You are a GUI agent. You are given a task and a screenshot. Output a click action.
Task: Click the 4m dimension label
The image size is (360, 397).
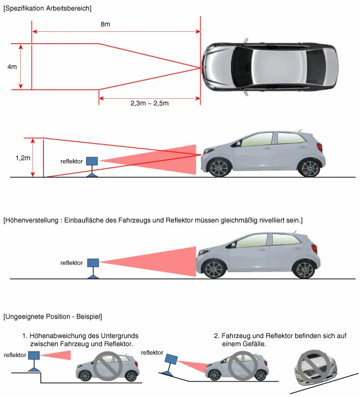tap(12, 67)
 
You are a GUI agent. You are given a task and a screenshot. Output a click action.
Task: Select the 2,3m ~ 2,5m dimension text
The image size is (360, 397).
tap(149, 103)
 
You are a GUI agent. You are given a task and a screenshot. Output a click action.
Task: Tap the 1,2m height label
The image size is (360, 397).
tap(23, 157)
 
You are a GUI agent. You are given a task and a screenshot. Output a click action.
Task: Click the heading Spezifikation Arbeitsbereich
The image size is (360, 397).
tap(47, 8)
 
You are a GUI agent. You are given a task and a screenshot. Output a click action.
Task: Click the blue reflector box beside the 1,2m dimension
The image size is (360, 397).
tap(92, 161)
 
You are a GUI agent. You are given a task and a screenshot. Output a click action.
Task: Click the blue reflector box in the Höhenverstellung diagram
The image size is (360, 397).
tap(92, 263)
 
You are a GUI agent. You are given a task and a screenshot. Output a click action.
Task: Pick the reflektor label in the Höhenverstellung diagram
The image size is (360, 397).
tap(72, 263)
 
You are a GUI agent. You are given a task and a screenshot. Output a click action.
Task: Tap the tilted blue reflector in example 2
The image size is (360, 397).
tap(171, 361)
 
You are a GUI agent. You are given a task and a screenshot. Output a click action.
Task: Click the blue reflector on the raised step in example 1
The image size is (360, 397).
tap(34, 356)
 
